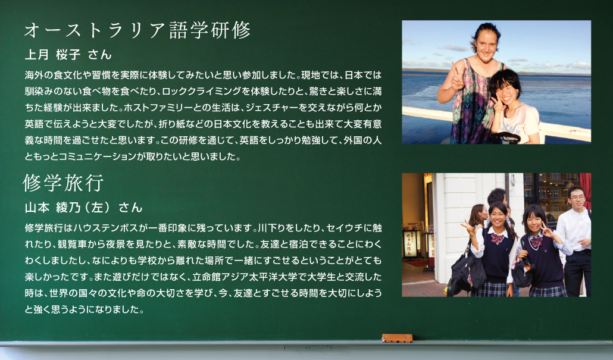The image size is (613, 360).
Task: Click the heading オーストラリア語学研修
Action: click(x=137, y=30)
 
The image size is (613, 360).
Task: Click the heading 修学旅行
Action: click(x=63, y=183)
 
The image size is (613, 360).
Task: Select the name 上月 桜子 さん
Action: click(x=68, y=54)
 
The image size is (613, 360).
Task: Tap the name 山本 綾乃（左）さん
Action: click(x=84, y=207)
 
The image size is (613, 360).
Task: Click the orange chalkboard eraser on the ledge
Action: click(x=397, y=338)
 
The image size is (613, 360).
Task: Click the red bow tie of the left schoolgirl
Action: click(x=498, y=238)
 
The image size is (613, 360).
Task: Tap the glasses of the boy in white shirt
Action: click(x=577, y=198)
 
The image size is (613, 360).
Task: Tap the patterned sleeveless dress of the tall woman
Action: click(x=472, y=105)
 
